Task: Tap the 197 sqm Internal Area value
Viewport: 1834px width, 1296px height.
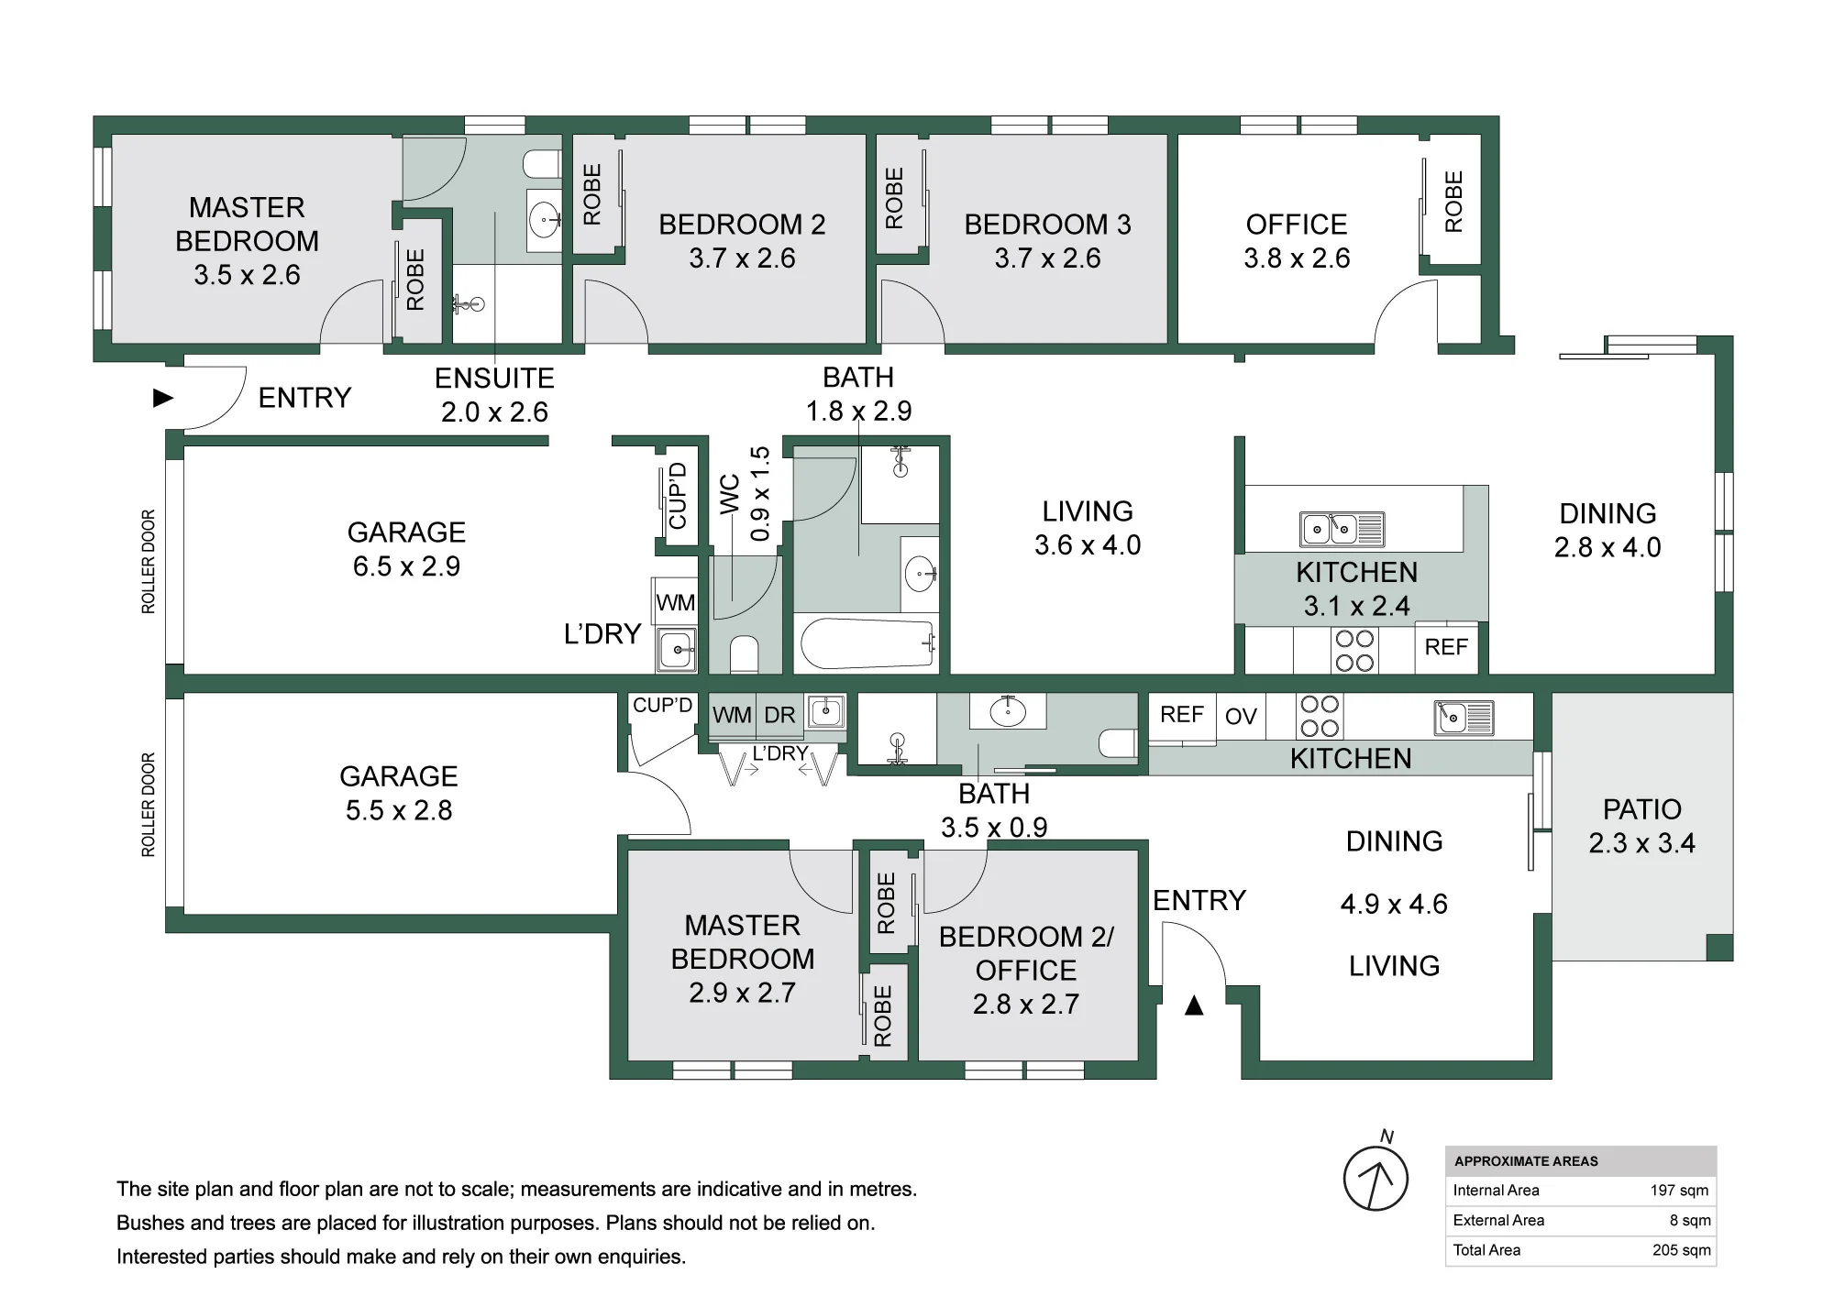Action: [1679, 1191]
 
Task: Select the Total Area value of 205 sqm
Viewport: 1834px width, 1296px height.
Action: [1681, 1250]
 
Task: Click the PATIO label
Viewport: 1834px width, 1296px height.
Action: [1641, 809]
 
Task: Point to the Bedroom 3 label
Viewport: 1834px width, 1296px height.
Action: [1047, 225]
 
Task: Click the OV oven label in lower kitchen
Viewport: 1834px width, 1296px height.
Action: [1241, 717]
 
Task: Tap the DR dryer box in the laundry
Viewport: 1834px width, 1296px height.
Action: [779, 715]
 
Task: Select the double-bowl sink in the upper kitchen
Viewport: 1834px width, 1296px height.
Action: [1342, 529]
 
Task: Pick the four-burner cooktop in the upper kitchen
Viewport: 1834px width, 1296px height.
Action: [1354, 651]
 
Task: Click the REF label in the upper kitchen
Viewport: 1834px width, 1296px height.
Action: [1446, 647]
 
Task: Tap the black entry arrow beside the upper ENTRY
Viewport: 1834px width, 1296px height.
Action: [163, 398]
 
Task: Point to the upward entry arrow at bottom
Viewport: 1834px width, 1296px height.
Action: [1193, 1005]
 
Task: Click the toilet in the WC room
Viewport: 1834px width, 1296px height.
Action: [744, 654]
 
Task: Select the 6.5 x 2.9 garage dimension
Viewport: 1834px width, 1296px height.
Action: [406, 566]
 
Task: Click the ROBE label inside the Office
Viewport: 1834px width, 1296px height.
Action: [1453, 202]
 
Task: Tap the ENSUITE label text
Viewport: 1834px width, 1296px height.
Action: [494, 379]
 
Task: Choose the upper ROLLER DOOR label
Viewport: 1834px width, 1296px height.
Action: [149, 562]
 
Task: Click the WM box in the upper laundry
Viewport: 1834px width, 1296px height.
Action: [675, 602]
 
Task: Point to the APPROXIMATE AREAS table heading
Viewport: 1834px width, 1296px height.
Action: [1526, 1161]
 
